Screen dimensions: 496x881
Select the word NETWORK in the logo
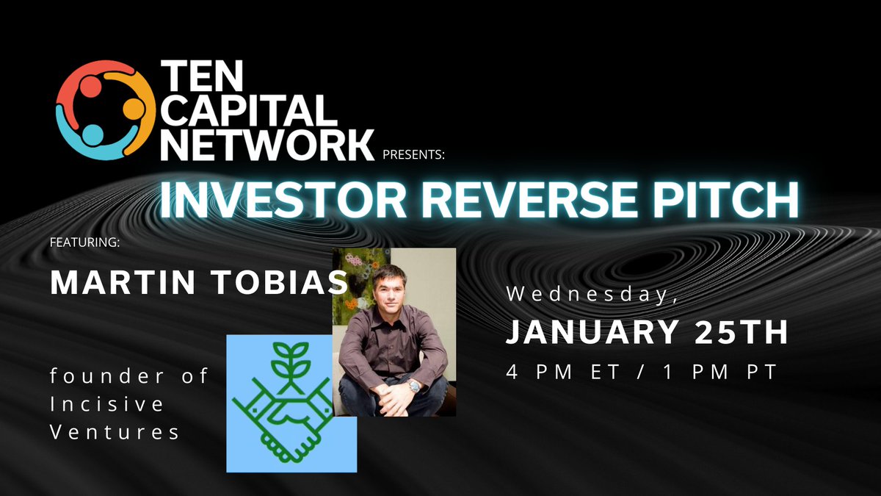click(267, 144)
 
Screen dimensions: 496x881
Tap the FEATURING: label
click(84, 243)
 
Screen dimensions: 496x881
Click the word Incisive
click(108, 404)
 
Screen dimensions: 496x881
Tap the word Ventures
click(115, 432)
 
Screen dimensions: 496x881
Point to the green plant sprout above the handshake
click(291, 360)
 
